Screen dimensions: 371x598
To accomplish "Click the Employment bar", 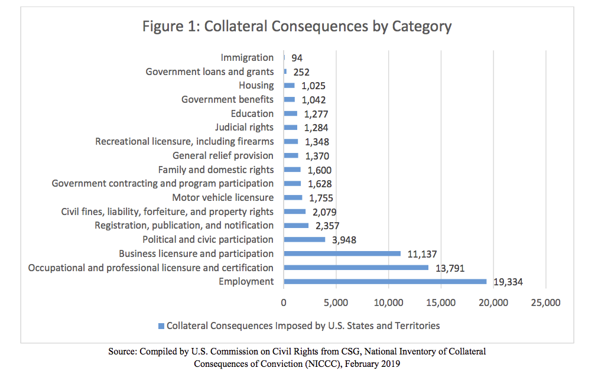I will click(x=385, y=282).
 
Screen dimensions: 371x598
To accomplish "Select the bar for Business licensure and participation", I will click(x=342, y=253).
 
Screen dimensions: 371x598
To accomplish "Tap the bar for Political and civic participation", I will click(x=304, y=239).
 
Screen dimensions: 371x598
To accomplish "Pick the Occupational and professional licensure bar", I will click(x=356, y=268).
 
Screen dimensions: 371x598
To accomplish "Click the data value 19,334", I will click(x=508, y=282).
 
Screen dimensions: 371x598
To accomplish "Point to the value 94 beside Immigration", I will click(x=297, y=58).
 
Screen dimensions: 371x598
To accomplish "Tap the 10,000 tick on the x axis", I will click(x=388, y=303).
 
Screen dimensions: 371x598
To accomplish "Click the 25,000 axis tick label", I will click(x=545, y=303).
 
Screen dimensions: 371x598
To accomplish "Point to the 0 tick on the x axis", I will click(x=284, y=303).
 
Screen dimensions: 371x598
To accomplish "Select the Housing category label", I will click(x=256, y=86).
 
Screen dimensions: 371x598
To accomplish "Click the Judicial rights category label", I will click(x=244, y=128).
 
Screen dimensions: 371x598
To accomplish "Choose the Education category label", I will click(x=252, y=113).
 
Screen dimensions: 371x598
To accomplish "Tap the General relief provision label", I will click(x=223, y=155).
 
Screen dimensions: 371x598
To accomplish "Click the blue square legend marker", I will click(x=161, y=326).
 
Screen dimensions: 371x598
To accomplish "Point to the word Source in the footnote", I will click(x=122, y=352).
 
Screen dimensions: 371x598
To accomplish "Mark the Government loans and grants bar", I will click(x=285, y=71).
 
